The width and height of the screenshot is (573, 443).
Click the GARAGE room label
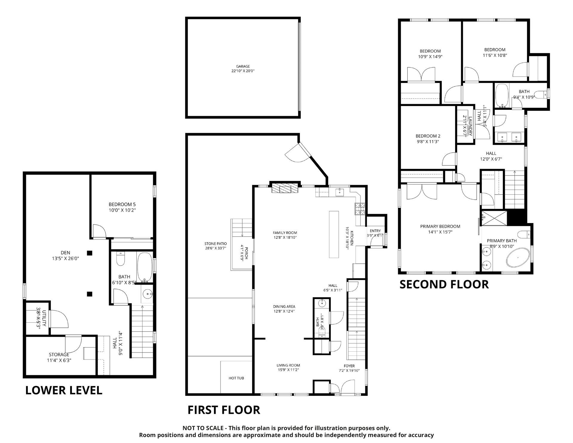coord(243,66)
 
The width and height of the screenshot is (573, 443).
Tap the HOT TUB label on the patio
coord(236,378)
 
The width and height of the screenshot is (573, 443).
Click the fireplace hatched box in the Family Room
coord(285,189)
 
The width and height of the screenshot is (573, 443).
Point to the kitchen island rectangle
coord(334,234)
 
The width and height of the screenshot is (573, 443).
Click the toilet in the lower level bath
coord(121,259)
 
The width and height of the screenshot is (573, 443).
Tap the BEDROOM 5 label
coord(122,204)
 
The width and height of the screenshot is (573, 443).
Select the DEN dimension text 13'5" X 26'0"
coord(65,259)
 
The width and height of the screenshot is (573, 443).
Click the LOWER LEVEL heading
coord(64,390)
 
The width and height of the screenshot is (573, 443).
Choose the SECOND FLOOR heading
coord(444,284)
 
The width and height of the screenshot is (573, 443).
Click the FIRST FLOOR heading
coord(224,410)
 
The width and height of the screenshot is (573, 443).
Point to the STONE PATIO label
coord(215,244)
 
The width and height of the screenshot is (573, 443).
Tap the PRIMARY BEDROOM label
coord(440,226)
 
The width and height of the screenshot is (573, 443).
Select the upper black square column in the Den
coord(90,253)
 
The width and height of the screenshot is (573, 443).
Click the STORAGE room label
coord(59,355)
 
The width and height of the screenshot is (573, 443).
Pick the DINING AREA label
coord(284,307)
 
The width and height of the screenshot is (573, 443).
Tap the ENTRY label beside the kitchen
coord(375,231)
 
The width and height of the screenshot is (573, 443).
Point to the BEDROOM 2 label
coord(428,136)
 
